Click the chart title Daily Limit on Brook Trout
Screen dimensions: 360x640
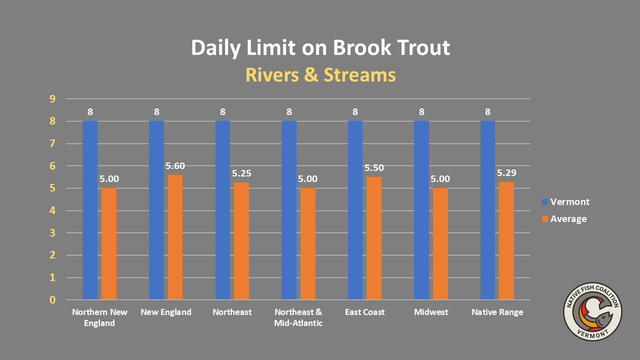(x=320, y=48)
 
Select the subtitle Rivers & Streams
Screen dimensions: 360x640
(x=320, y=75)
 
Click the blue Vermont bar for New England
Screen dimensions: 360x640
(x=156, y=210)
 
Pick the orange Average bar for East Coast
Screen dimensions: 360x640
(x=374, y=238)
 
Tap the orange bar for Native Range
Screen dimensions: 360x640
(x=506, y=240)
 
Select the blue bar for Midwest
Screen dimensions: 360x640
(x=421, y=210)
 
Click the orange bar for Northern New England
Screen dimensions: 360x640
(x=109, y=244)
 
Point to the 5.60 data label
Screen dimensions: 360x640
(x=175, y=166)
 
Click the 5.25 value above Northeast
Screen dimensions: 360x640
(x=241, y=174)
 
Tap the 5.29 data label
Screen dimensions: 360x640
(x=506, y=173)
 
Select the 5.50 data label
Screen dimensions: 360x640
(x=374, y=168)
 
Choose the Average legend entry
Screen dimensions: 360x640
(x=563, y=219)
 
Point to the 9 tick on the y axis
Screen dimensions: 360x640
(x=52, y=99)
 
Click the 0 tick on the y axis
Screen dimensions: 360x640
(x=52, y=300)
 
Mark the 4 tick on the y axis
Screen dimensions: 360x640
(x=52, y=210)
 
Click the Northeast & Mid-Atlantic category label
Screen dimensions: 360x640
(x=298, y=317)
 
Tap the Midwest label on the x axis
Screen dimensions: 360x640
(x=431, y=312)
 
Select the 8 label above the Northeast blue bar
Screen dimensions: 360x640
(x=223, y=111)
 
